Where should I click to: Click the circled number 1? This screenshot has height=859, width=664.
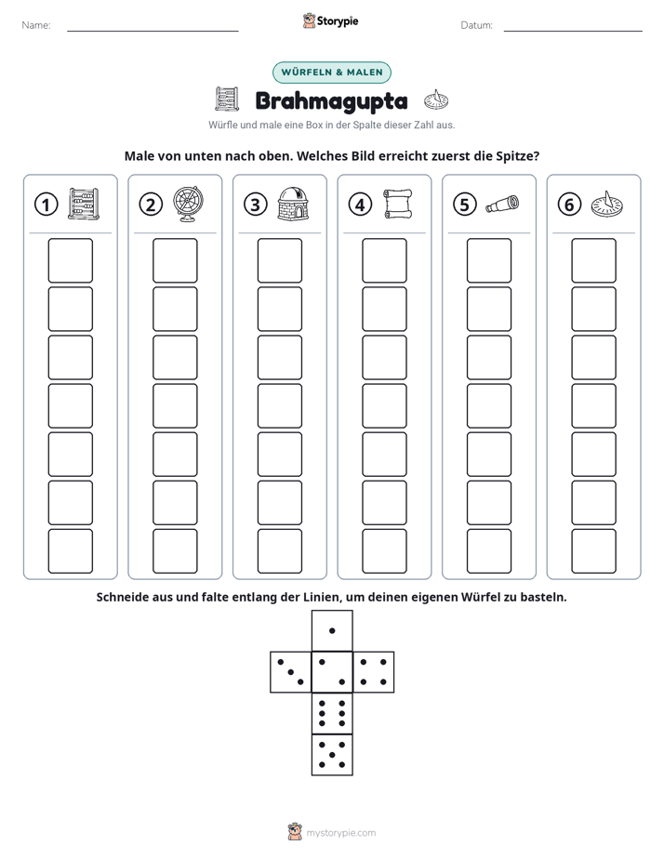click(46, 205)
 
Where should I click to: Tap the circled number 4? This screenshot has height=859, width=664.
click(360, 205)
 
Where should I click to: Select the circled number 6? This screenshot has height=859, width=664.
click(569, 205)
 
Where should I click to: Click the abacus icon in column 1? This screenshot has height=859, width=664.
click(84, 204)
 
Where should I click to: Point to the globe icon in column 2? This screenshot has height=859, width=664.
click(189, 204)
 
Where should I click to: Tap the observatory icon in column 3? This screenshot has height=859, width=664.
click(293, 204)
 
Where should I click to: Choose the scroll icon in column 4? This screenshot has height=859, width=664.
click(398, 204)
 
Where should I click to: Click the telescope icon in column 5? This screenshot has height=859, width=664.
click(502, 205)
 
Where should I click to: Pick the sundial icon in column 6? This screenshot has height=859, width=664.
click(607, 204)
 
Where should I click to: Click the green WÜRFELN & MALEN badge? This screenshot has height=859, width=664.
click(332, 73)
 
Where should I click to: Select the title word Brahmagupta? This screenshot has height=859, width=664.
click(331, 101)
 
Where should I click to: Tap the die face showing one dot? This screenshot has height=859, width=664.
click(332, 631)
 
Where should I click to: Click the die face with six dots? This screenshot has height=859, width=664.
click(332, 713)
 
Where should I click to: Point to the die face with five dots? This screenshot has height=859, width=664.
click(332, 755)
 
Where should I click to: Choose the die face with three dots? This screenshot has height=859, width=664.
click(291, 672)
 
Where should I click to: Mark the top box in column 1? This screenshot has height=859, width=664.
click(70, 260)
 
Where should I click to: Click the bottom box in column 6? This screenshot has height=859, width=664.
click(594, 551)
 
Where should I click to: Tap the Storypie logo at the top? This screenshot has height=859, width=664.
click(331, 21)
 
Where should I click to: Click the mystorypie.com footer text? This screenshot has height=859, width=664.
click(340, 833)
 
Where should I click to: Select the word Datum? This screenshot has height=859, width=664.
click(477, 25)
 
